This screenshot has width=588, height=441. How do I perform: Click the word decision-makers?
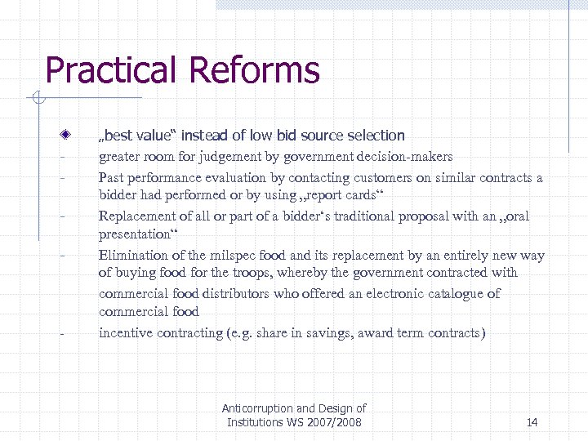pos(406,157)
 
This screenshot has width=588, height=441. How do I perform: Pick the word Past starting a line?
pos(112,178)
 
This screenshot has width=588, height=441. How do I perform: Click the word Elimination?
pos(133,256)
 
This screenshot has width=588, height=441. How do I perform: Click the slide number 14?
pos(532,422)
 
